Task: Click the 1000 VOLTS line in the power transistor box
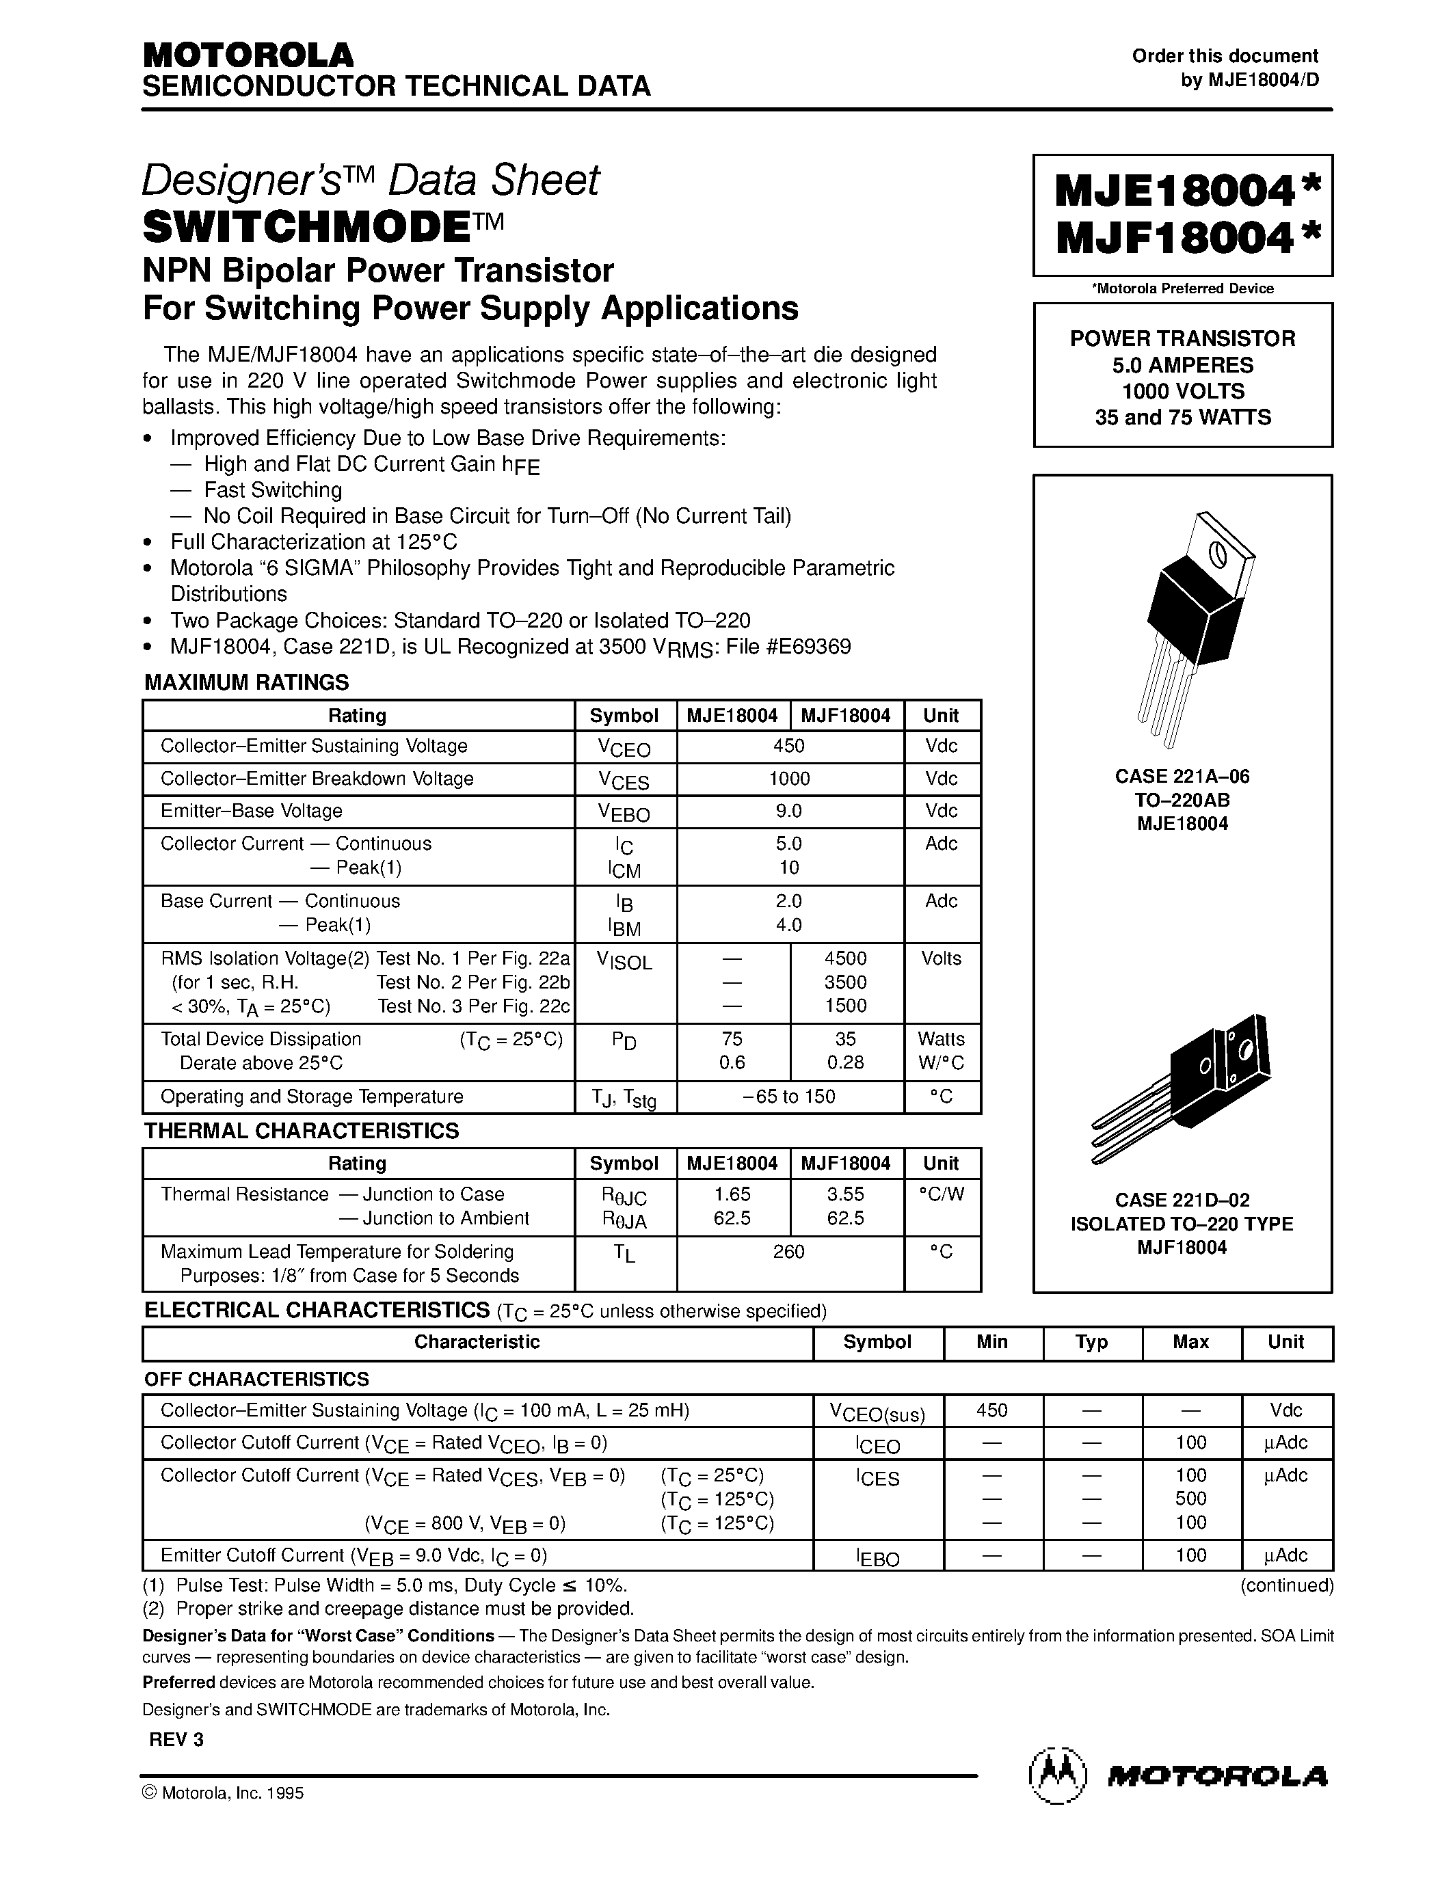pyautogui.click(x=1183, y=391)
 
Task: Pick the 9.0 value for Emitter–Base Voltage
pyautogui.click(x=789, y=811)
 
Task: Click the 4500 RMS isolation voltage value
pyautogui.click(x=845, y=958)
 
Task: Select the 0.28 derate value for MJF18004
pyautogui.click(x=845, y=1062)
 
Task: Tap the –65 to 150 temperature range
pyautogui.click(x=789, y=1096)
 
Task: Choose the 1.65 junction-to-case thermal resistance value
pyautogui.click(x=732, y=1194)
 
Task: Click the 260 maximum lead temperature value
pyautogui.click(x=788, y=1252)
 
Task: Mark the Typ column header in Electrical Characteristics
pyautogui.click(x=1091, y=1342)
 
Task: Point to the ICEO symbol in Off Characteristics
pyautogui.click(x=877, y=1445)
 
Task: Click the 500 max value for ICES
pyautogui.click(x=1190, y=1499)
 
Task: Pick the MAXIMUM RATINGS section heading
pyautogui.click(x=246, y=683)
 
